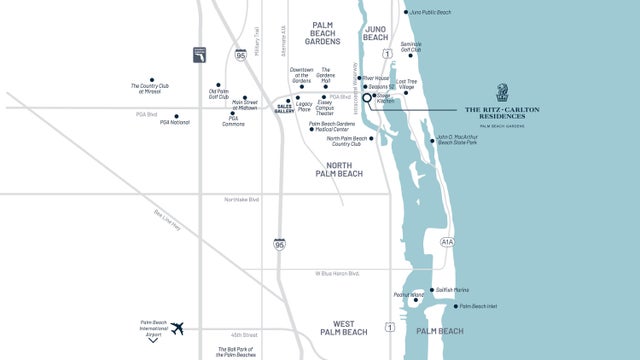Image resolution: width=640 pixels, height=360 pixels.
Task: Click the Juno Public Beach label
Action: click(x=430, y=12)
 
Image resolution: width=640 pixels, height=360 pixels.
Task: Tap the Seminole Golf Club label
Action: click(x=411, y=47)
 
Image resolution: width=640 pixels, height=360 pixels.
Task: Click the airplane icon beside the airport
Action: click(x=178, y=328)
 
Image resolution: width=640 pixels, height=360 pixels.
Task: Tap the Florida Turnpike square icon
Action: click(x=200, y=54)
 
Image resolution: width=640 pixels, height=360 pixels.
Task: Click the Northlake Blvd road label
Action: click(x=243, y=200)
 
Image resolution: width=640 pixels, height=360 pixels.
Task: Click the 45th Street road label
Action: click(x=243, y=334)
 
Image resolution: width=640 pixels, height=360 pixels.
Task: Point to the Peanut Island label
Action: click(x=409, y=295)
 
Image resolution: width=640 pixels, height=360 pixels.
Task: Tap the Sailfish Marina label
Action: click(x=451, y=289)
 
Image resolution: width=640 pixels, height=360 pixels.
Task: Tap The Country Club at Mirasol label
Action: click(x=152, y=89)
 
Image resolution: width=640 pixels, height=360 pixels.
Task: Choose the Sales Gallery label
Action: click(x=284, y=108)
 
